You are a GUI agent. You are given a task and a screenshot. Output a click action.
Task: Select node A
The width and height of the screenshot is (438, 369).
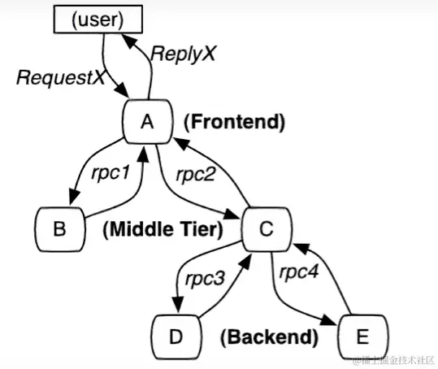tap(146, 122)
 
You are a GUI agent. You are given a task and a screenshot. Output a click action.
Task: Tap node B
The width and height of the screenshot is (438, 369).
tap(59, 229)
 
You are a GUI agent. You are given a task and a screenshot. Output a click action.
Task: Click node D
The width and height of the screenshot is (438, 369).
tap(176, 335)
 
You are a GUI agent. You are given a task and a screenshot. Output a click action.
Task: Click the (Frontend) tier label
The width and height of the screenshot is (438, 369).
tap(234, 123)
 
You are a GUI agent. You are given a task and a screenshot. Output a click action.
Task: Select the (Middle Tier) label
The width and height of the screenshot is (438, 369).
tap(163, 230)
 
